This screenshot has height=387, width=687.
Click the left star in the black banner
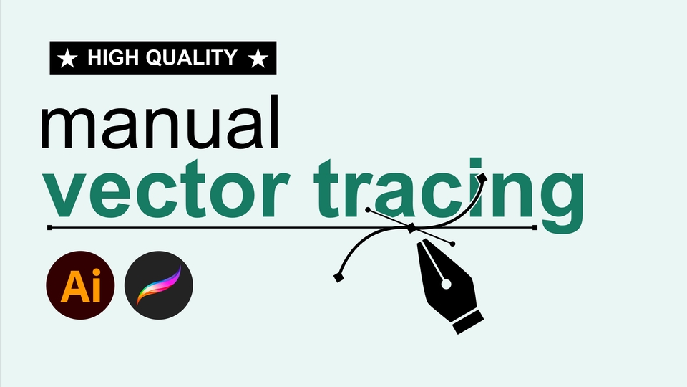coord(67,58)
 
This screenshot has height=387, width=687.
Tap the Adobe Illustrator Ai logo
coord(80,285)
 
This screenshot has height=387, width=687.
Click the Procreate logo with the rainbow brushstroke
coord(158,285)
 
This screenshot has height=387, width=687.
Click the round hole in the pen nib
coord(447,285)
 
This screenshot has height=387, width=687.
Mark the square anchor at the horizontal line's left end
coord(49,228)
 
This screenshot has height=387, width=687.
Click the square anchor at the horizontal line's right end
coord(535,228)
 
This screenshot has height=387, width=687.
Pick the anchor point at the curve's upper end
coord(482,176)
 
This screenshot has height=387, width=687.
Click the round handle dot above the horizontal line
coord(367,211)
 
